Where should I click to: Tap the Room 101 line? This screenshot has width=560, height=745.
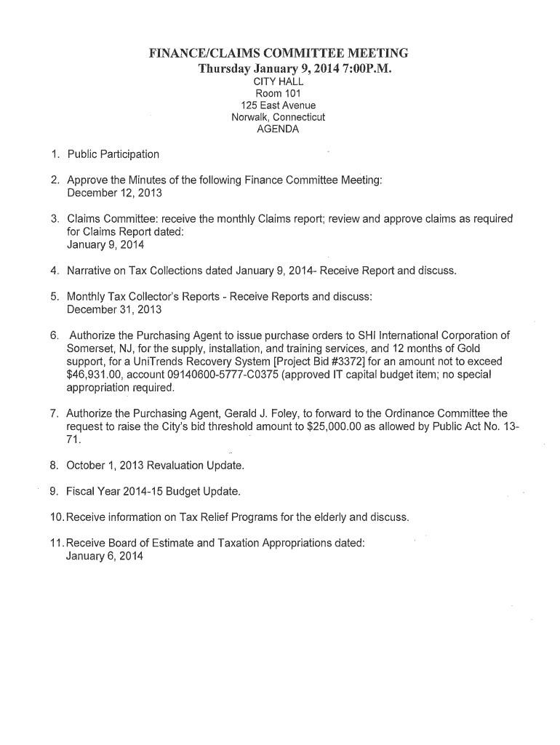(279, 93)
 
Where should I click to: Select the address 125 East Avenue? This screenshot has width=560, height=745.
(279, 105)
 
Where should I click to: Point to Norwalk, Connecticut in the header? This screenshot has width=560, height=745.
(279, 117)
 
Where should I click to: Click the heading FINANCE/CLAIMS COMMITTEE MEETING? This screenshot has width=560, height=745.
(279, 53)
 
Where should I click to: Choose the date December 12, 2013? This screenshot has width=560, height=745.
(114, 194)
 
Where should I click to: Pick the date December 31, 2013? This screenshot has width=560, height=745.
(114, 309)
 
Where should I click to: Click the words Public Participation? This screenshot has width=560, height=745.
(113, 154)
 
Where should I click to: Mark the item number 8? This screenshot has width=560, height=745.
(55, 464)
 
